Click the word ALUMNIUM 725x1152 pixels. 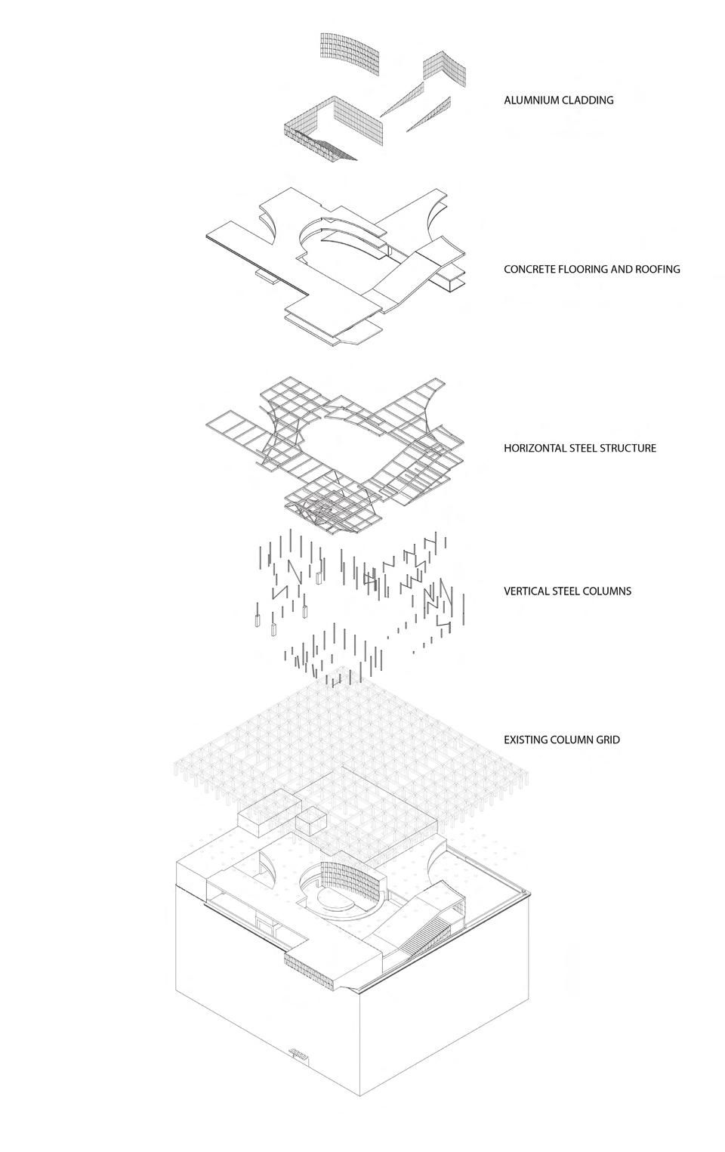tap(532, 100)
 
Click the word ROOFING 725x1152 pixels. tap(656, 269)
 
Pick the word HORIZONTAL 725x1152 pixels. tap(535, 448)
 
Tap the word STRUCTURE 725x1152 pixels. tap(628, 448)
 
